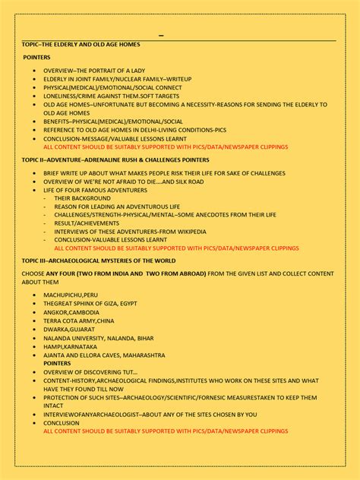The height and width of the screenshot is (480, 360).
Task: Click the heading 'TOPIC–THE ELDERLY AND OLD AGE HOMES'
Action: tap(81, 45)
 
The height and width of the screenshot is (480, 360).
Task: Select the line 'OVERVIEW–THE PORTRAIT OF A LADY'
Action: tap(94, 70)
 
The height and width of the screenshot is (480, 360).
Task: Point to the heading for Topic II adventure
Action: tap(115, 159)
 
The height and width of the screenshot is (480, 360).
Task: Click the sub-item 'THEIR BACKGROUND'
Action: tap(82, 198)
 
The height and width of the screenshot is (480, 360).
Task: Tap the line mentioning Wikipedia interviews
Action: tap(130, 232)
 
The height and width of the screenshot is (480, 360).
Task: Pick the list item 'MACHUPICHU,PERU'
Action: tap(70, 295)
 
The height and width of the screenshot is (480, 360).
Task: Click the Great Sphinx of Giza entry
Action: tap(90, 303)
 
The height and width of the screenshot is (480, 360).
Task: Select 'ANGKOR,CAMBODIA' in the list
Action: tap(71, 312)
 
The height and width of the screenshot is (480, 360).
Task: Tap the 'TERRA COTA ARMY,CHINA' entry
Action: tap(79, 321)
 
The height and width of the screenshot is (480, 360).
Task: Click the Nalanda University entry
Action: tap(98, 338)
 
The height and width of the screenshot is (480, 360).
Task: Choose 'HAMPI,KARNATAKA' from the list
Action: tap(70, 346)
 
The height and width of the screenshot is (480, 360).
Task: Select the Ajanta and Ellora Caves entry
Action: tap(104, 355)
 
